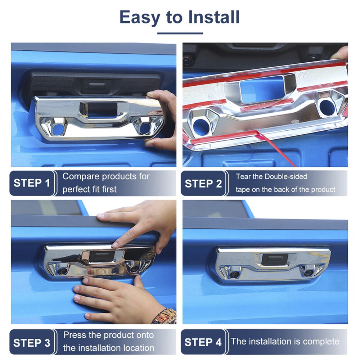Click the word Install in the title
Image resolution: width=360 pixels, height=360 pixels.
pyautogui.click(x=214, y=17)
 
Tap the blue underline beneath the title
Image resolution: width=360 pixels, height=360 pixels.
pyautogui.click(x=180, y=33)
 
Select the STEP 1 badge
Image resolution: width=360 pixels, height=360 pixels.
pyautogui.click(x=32, y=183)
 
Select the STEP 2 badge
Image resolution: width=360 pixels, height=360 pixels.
pyautogui.click(x=203, y=184)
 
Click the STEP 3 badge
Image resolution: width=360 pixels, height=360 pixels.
pyautogui.click(x=32, y=342)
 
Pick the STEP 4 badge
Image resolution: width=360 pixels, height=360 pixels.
pyautogui.click(x=203, y=342)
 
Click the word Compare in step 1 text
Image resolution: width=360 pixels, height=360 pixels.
pyautogui.click(x=81, y=177)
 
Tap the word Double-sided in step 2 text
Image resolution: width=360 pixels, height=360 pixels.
pyautogui.click(x=285, y=176)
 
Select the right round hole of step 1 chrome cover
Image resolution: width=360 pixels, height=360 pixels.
pyautogui.click(x=145, y=129)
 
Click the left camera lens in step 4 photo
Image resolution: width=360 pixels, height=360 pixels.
pyautogui.click(x=234, y=274)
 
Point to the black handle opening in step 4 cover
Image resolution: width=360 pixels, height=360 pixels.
pyautogui.click(x=275, y=259)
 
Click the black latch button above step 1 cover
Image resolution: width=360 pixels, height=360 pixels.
pyautogui.click(x=96, y=86)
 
